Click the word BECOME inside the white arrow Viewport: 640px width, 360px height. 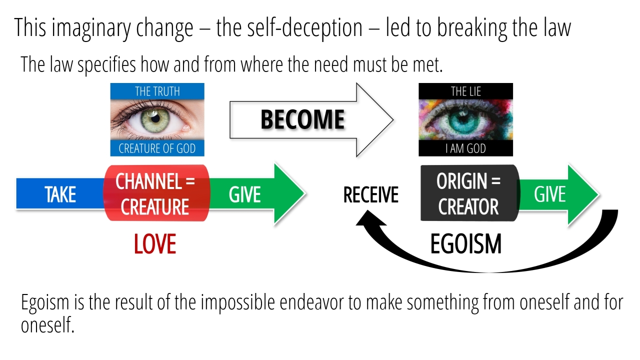coord(302,119)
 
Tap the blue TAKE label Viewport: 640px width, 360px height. coord(60,194)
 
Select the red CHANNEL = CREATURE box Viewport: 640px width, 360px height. coord(155,194)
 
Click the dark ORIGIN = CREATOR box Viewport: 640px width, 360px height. coord(468,194)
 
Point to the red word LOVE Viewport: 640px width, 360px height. coord(155,244)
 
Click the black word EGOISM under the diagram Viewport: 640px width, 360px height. coord(465,244)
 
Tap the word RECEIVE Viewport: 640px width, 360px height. coord(370,195)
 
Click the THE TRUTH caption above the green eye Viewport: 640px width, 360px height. coord(157,91)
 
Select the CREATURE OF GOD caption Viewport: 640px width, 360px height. coord(157,148)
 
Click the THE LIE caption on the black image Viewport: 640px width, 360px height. coord(465,91)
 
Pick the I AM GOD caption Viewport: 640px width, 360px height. coord(465,149)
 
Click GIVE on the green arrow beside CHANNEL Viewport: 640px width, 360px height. coord(244,194)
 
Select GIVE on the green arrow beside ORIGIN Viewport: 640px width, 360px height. coord(549,194)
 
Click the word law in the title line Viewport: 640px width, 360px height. coord(556,28)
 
